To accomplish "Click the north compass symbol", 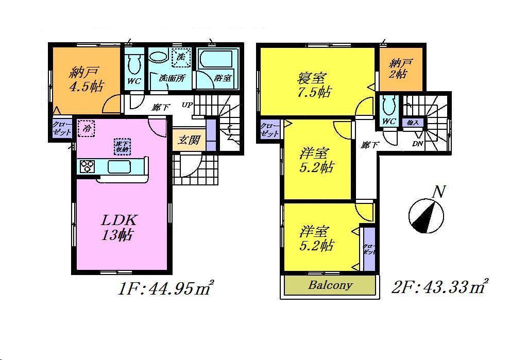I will [x=427, y=215].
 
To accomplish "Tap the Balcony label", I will [x=330, y=285].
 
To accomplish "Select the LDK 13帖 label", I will [x=118, y=227].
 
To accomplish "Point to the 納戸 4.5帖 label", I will [x=86, y=79].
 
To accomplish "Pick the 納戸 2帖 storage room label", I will [x=401, y=68].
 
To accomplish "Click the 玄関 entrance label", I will [x=189, y=140].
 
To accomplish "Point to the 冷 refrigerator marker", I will [x=87, y=129].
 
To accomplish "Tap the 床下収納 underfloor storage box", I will [x=122, y=146].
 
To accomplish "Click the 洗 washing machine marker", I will [x=181, y=57].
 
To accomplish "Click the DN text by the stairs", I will [x=417, y=144].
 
